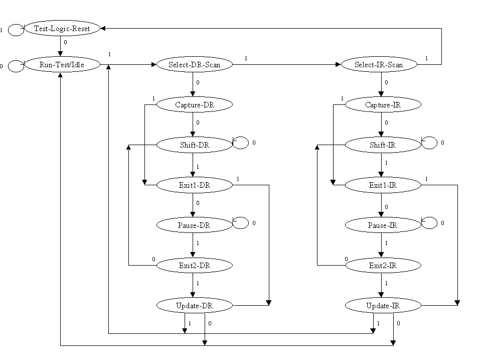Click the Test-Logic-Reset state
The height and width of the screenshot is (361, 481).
coord(62,29)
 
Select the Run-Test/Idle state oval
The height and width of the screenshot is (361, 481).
coord(62,64)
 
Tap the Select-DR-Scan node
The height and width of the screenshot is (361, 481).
coord(195,64)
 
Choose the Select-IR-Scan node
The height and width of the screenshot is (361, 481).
coord(379,64)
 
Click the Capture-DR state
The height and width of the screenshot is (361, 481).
coord(195,105)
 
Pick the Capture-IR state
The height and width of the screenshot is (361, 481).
coord(383,105)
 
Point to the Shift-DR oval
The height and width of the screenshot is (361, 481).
coord(195,145)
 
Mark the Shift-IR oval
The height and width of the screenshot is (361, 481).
coord(383,145)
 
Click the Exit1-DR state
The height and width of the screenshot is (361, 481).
coord(195,185)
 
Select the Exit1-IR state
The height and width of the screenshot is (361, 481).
coord(383,185)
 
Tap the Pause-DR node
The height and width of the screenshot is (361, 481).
coord(195,225)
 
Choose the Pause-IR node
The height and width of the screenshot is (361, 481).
coord(383,225)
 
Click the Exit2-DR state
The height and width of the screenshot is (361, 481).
coord(195,266)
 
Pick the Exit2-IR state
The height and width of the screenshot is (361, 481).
coord(383,266)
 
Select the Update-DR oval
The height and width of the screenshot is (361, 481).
coord(195,305)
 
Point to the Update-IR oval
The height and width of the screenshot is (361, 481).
coord(383,305)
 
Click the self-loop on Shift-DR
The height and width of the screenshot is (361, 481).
coord(241,143)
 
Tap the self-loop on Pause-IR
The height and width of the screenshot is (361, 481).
coord(429,223)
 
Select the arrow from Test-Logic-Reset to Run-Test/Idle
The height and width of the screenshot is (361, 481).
coord(60,46)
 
